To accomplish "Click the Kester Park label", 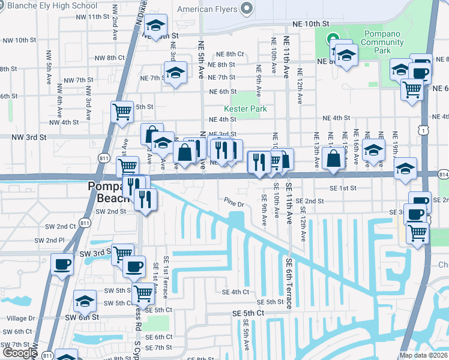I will click(245, 109).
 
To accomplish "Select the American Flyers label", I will click(207, 8).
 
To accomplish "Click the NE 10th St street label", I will click(312, 23).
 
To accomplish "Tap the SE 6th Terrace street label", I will click(289, 283).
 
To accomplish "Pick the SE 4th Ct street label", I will click(235, 292).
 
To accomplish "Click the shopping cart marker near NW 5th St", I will click(122, 111).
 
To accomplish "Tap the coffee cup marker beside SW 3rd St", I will click(62, 264).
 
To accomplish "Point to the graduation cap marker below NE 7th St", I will click(175, 74).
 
